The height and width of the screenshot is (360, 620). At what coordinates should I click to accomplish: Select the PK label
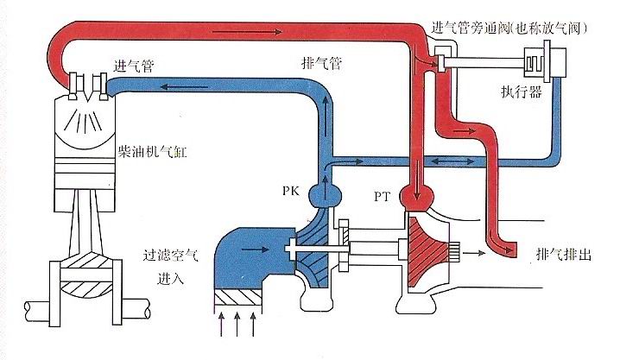point(290,191)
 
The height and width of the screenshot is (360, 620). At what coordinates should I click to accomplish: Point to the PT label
point(384,198)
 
